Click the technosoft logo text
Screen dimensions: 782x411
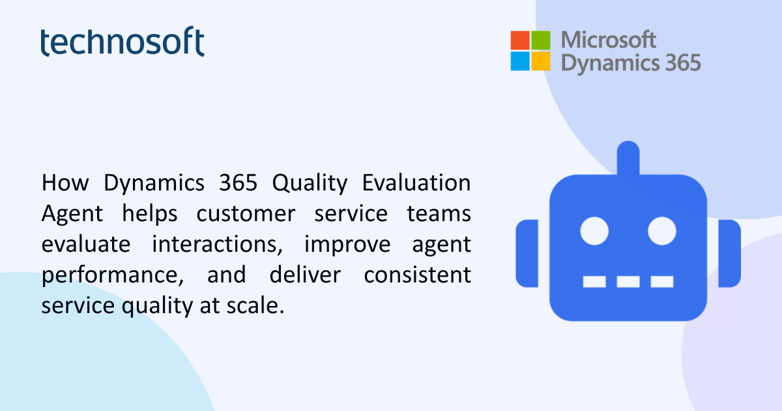(123, 41)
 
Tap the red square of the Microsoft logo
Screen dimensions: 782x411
(520, 40)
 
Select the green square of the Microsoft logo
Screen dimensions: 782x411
(541, 40)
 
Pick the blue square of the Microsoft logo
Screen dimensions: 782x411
(520, 61)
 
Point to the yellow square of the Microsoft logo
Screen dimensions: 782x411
(541, 61)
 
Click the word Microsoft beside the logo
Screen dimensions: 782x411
(609, 40)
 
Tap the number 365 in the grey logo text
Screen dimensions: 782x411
(683, 63)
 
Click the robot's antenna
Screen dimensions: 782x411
(628, 158)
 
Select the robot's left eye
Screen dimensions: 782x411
(594, 231)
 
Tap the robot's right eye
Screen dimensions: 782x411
(662, 231)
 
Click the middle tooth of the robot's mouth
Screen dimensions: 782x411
(628, 282)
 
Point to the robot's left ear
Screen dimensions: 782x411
(527, 253)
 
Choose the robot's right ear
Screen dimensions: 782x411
(730, 253)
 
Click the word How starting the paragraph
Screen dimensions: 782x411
(65, 183)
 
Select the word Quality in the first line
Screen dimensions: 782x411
(310, 183)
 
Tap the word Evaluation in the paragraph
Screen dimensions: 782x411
(416, 183)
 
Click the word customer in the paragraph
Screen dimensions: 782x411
(246, 214)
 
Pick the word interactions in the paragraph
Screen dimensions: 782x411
(217, 244)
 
